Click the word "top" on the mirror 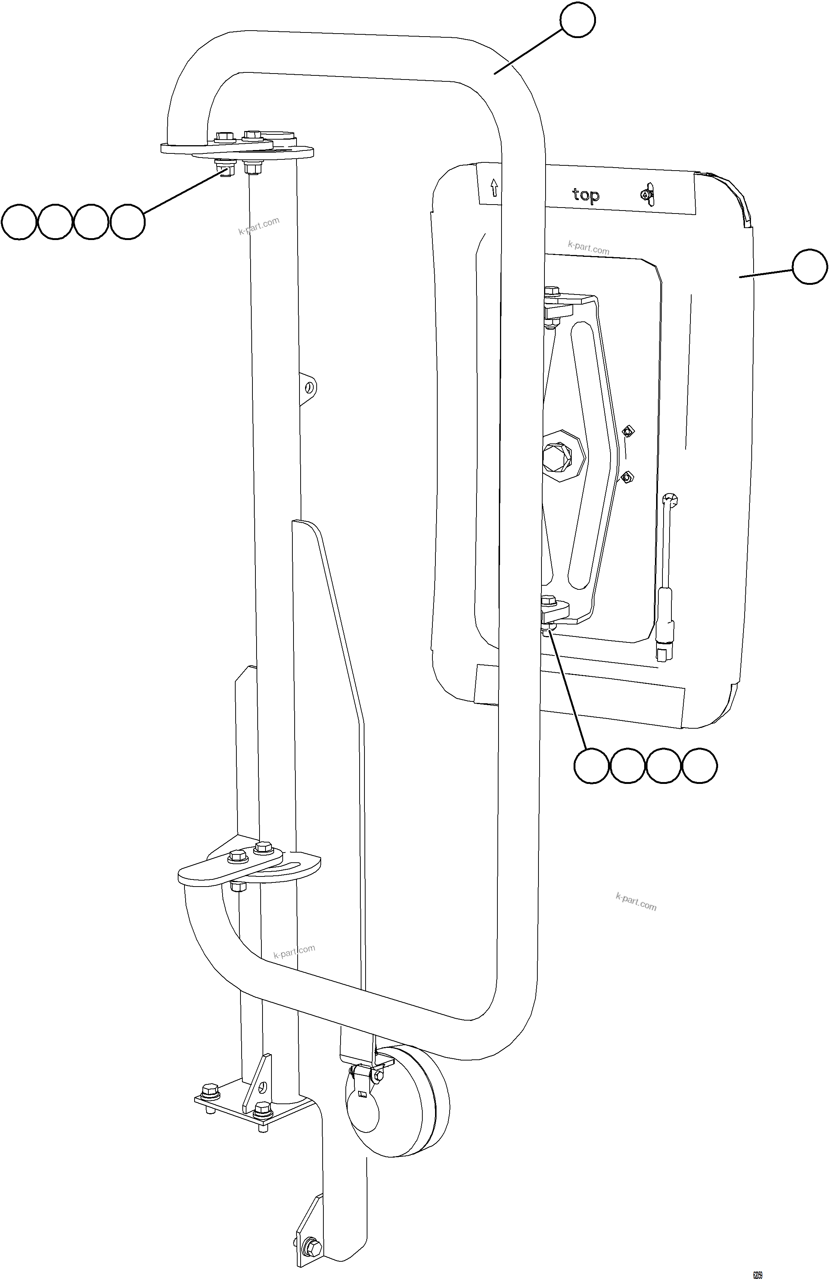click(585, 195)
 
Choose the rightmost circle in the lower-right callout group click(699, 765)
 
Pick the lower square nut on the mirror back click(627, 477)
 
